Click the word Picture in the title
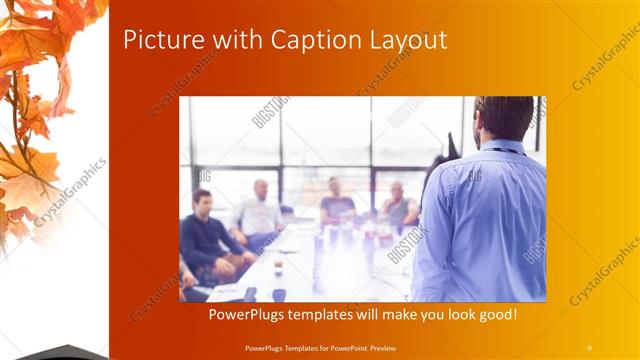point(157,40)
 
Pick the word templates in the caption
point(332,315)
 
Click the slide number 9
point(589,347)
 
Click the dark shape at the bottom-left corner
point(50,351)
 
